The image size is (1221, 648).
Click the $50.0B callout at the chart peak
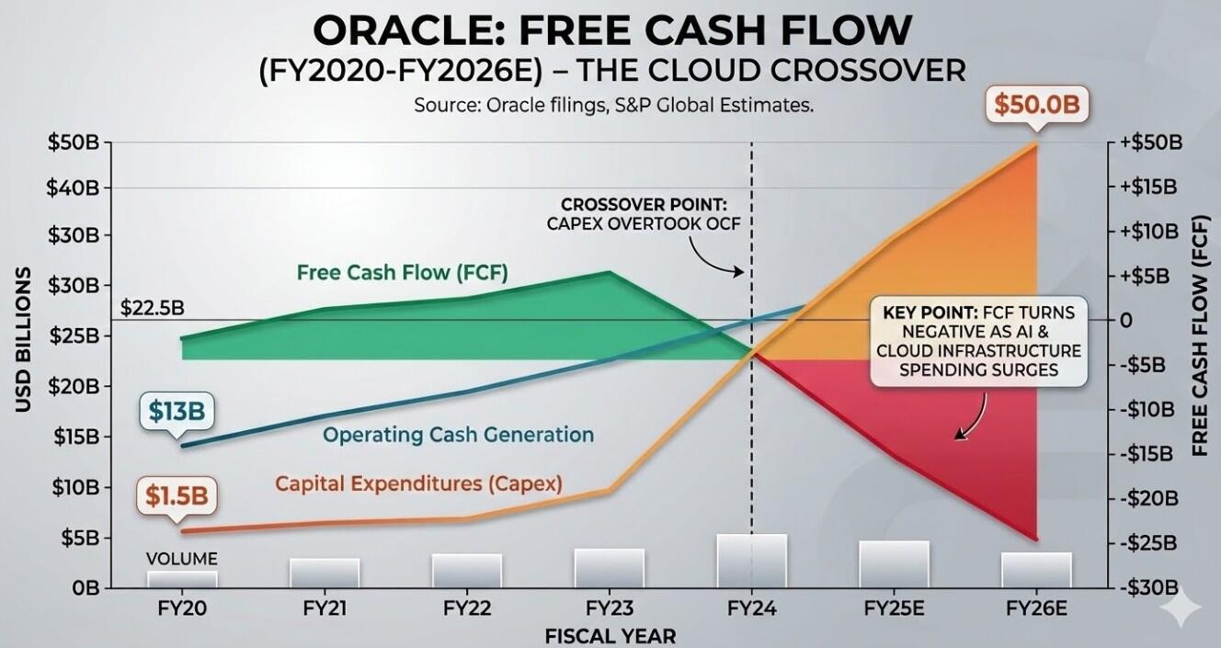[x=1038, y=105]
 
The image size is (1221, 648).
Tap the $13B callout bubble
[x=177, y=410]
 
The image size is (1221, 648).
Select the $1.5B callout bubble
[x=177, y=496]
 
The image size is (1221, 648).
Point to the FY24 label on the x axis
[x=751, y=608]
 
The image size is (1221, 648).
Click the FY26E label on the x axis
[x=1036, y=608]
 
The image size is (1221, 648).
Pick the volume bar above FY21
[x=325, y=573]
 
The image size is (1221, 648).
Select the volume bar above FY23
[x=610, y=568]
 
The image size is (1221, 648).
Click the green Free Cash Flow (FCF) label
[x=402, y=273]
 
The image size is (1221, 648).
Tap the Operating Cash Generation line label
[x=459, y=435]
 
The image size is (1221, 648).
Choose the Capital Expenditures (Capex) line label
[x=418, y=482]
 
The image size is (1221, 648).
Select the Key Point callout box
[x=978, y=341]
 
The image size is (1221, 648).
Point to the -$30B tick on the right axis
[x=1149, y=587]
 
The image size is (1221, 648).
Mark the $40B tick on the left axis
[x=74, y=188]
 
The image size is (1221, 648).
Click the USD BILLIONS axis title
[x=22, y=340]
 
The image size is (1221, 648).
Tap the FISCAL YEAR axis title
[x=610, y=635]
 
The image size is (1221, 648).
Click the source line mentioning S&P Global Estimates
[x=613, y=105]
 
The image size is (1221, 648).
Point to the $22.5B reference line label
[x=150, y=308]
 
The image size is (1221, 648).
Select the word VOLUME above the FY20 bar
[x=182, y=559]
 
